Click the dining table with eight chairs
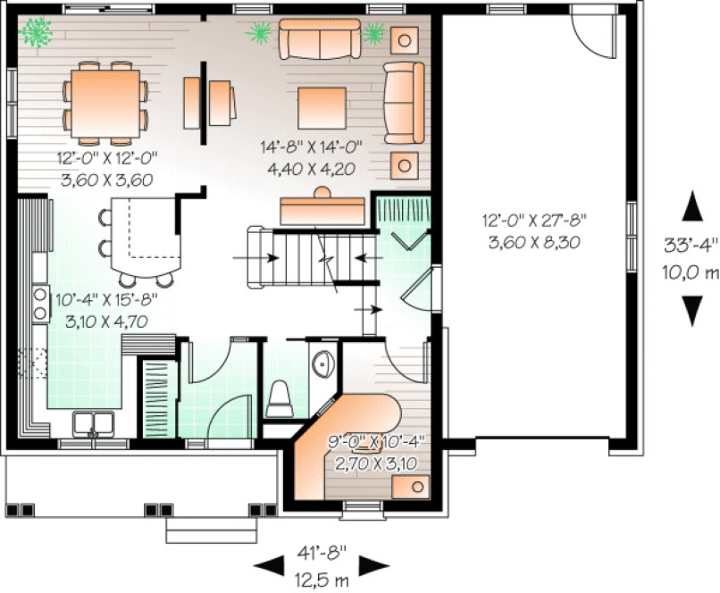(x=105, y=100)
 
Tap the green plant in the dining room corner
(x=37, y=33)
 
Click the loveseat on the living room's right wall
(x=403, y=103)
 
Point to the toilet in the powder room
(x=280, y=397)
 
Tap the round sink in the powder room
(x=322, y=363)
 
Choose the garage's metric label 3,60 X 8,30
(x=533, y=240)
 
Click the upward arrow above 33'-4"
(x=691, y=206)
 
